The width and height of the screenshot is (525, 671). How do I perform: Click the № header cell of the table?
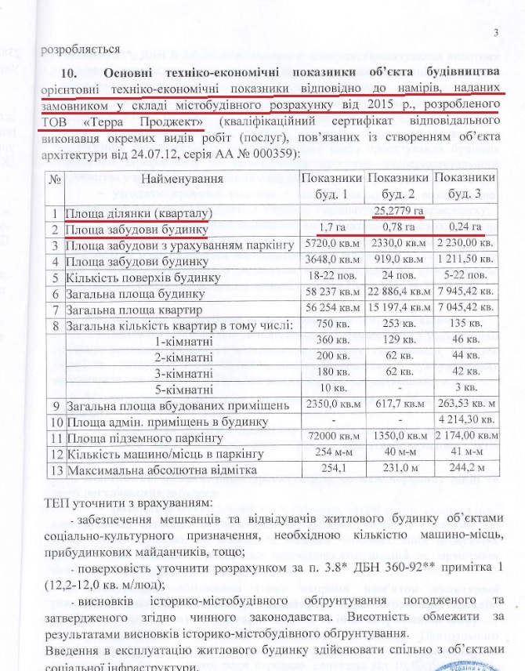coord(56,180)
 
